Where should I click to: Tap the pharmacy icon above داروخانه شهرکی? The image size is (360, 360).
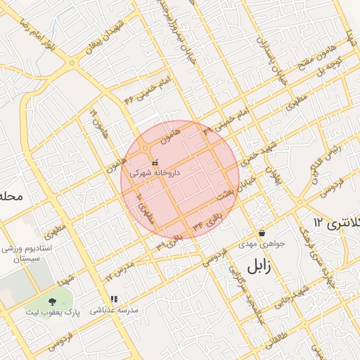click(155, 163)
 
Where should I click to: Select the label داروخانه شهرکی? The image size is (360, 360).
click(155, 172)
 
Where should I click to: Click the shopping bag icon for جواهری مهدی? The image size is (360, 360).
click(262, 233)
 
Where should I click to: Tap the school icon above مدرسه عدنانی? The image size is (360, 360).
click(113, 299)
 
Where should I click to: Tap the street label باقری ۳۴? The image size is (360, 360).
click(208, 221)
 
